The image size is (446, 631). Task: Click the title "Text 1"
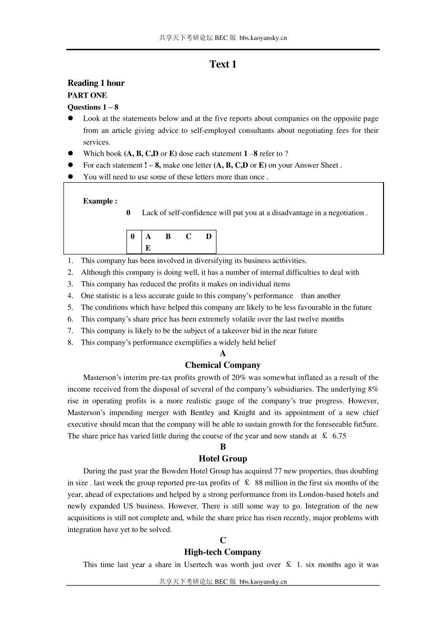tap(223, 64)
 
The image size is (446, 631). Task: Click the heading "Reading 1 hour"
tap(96, 83)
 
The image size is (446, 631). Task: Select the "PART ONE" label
tap(87, 95)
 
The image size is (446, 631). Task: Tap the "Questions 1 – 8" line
tap(93, 107)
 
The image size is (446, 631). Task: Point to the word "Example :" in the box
tap(100, 201)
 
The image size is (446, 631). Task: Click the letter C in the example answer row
tap(188, 237)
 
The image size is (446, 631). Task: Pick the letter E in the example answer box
tap(148, 248)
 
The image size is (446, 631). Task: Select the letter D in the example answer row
tap(208, 237)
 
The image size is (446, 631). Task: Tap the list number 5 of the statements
tap(70, 308)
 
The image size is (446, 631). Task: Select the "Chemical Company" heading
tap(223, 365)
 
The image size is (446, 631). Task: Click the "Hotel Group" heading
tap(223, 459)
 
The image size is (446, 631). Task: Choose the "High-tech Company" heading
tap(223, 552)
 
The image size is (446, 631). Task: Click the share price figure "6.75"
tap(339, 436)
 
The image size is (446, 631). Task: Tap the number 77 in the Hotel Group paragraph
tap(278, 471)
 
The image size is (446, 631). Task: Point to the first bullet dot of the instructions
tap(71, 119)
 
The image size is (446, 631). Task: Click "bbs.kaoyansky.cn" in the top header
tap(263, 38)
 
